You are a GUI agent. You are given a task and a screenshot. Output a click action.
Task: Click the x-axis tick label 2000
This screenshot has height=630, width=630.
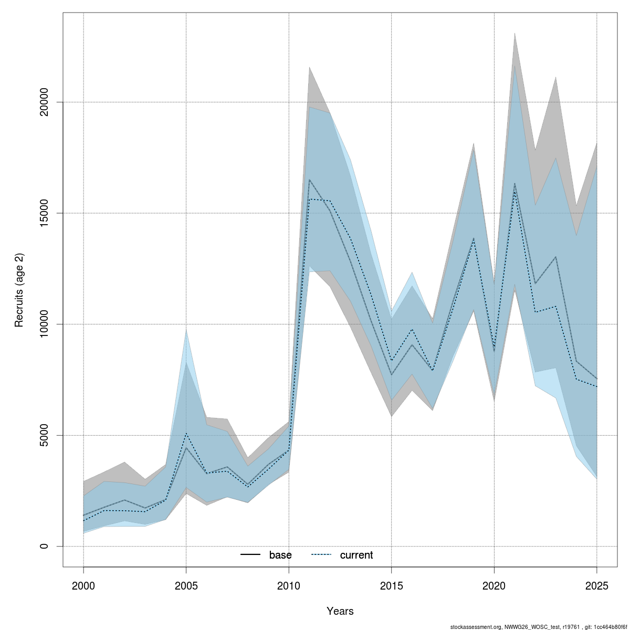(83, 586)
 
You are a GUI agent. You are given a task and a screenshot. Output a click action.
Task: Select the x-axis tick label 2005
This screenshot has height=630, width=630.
(186, 586)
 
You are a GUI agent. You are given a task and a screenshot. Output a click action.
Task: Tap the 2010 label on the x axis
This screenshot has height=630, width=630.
(289, 586)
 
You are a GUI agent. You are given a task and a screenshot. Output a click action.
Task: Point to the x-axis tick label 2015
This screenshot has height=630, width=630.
(392, 586)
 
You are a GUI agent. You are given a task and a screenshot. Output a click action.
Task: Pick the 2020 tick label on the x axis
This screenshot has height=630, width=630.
(494, 586)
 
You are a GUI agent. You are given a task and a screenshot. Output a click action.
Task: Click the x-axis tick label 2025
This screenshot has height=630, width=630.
(597, 586)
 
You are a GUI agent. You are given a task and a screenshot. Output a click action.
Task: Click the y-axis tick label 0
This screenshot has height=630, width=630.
(44, 547)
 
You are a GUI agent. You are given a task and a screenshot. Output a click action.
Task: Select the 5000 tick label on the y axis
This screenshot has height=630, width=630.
(44, 435)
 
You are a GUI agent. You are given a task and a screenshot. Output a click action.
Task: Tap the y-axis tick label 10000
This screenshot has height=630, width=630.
(44, 324)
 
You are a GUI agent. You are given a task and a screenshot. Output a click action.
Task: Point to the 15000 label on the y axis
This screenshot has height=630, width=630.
(44, 213)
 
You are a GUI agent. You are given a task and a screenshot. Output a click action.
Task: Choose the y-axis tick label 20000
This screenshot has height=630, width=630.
(44, 102)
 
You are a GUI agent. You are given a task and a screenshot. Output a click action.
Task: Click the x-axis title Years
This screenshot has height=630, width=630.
(340, 611)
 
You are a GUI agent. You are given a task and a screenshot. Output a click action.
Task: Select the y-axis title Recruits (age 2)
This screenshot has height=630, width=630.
(19, 290)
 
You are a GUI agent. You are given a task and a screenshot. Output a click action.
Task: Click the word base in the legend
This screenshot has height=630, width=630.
(280, 555)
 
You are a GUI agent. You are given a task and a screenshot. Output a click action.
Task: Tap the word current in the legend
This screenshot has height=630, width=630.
(356, 555)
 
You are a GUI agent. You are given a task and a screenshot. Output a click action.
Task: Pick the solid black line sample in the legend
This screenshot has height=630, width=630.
(251, 555)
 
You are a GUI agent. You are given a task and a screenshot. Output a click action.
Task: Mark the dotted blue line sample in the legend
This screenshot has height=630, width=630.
(322, 555)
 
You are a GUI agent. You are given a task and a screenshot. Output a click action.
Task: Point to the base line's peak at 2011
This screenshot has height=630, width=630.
(309, 180)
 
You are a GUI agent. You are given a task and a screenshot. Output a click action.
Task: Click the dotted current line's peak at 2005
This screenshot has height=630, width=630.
(186, 433)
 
